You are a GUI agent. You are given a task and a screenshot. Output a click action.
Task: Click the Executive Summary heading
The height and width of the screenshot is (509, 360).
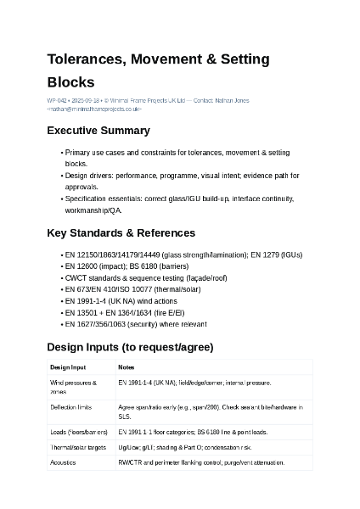click(x=98, y=131)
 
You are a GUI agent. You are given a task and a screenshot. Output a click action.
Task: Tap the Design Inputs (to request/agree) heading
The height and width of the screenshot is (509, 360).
click(x=130, y=347)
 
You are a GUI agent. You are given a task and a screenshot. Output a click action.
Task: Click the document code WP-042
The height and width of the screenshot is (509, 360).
click(x=57, y=101)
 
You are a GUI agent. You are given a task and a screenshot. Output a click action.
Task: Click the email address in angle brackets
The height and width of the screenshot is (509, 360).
click(x=94, y=109)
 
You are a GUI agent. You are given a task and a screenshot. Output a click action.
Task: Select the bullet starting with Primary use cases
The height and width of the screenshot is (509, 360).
click(x=177, y=153)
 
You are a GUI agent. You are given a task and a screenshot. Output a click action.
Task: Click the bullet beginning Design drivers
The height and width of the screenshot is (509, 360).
click(x=182, y=176)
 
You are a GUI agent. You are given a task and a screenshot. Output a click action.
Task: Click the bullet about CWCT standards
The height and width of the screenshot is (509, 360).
click(x=145, y=277)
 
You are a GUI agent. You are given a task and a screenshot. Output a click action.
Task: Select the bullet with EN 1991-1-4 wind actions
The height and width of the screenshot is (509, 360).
click(x=121, y=301)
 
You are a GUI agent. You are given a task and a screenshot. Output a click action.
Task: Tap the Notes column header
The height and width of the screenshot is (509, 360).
click(x=127, y=367)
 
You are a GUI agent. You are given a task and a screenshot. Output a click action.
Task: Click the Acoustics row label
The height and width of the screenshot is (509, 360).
click(x=63, y=462)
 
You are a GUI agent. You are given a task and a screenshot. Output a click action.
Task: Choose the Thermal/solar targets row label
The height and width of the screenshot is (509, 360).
click(x=78, y=447)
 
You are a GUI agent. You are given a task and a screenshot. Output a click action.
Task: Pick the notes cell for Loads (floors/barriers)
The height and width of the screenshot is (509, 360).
click(x=193, y=432)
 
